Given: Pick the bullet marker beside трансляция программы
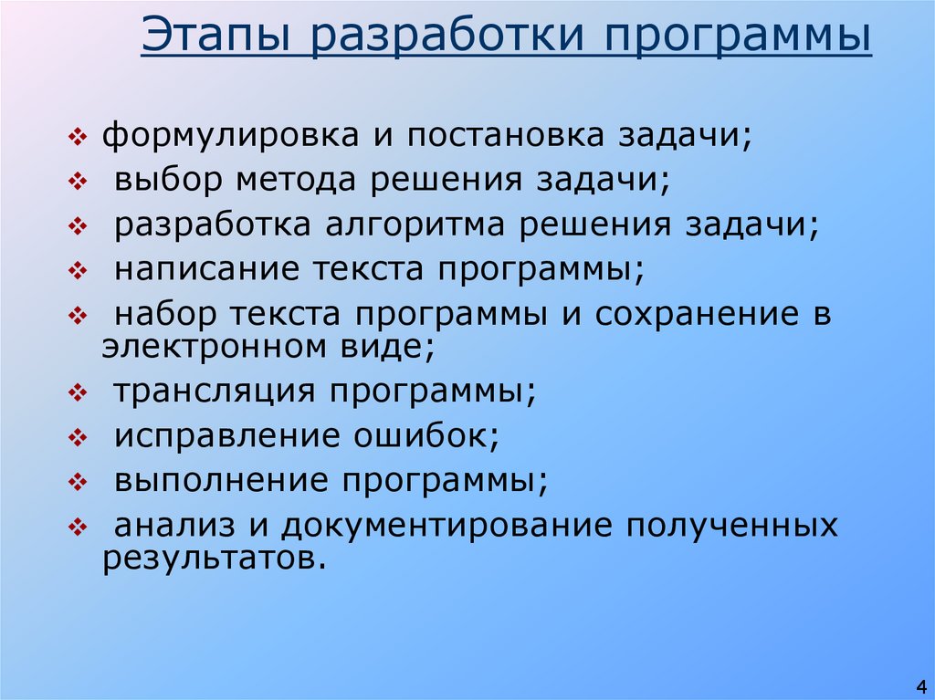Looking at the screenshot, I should coord(77,393).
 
